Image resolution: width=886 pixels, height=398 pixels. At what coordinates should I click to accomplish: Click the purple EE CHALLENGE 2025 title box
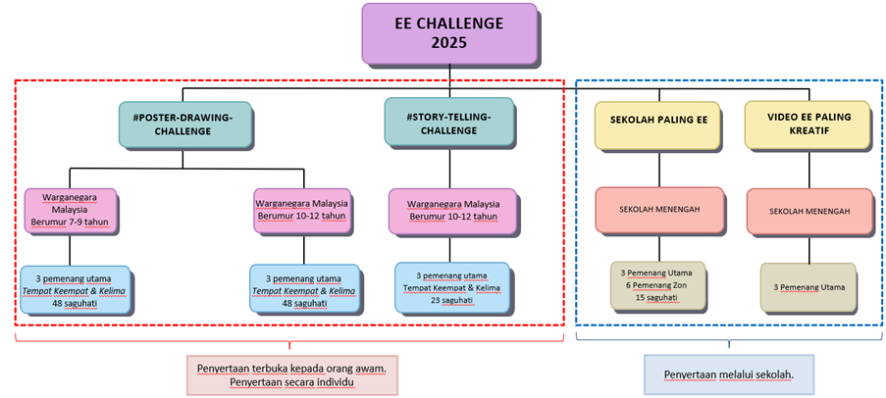(x=449, y=32)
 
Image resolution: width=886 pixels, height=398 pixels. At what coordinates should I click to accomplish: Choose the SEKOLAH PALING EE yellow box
(x=658, y=124)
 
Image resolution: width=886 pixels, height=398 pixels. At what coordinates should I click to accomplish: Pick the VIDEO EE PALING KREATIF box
(x=808, y=124)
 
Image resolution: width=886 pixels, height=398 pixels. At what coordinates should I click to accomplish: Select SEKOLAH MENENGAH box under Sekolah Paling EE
(x=658, y=210)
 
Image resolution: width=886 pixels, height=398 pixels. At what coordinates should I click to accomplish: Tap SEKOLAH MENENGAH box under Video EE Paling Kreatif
(x=808, y=210)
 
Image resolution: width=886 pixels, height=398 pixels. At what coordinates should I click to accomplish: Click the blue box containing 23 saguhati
(x=452, y=288)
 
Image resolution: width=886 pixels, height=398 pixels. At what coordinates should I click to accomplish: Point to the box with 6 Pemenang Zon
(x=658, y=285)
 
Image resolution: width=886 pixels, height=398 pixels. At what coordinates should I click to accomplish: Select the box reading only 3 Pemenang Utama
(x=808, y=285)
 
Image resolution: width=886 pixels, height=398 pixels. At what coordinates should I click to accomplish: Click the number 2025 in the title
(x=449, y=43)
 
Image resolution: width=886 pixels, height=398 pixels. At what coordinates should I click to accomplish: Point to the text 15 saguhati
(x=658, y=298)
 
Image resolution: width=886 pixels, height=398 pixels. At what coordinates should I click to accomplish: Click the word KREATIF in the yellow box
(x=808, y=130)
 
